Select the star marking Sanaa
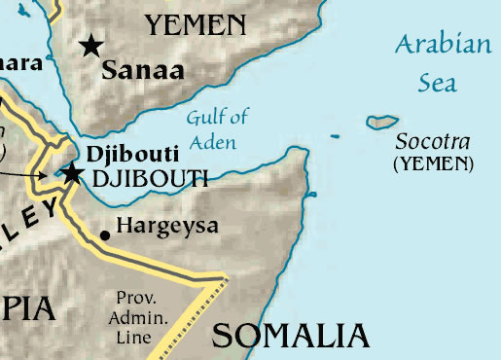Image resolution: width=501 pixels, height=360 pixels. (91, 45)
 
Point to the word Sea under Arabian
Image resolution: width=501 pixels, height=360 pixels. (437, 83)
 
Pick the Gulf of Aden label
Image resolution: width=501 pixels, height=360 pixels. (216, 130)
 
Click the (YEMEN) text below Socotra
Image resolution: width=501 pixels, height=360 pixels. (434, 163)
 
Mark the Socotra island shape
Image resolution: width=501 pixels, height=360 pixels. (382, 122)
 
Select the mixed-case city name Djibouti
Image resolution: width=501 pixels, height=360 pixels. (122, 154)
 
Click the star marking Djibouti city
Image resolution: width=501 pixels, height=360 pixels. (71, 174)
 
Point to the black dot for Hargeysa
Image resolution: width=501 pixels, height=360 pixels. (105, 234)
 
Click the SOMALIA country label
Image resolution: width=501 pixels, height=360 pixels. (291, 336)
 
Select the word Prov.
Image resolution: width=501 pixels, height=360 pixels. (133, 298)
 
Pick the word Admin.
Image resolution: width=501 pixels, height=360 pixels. (135, 318)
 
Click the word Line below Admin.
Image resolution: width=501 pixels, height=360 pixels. (133, 338)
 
